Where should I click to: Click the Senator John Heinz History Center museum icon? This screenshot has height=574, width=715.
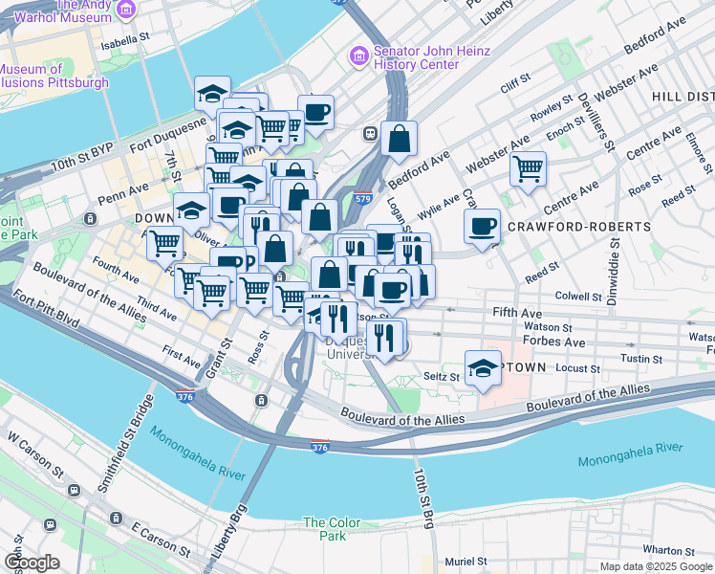[359, 56]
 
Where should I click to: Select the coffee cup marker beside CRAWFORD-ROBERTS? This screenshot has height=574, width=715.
[483, 226]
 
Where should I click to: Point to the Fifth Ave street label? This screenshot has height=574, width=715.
[516, 312]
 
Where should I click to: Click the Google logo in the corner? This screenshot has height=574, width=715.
[32, 563]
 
